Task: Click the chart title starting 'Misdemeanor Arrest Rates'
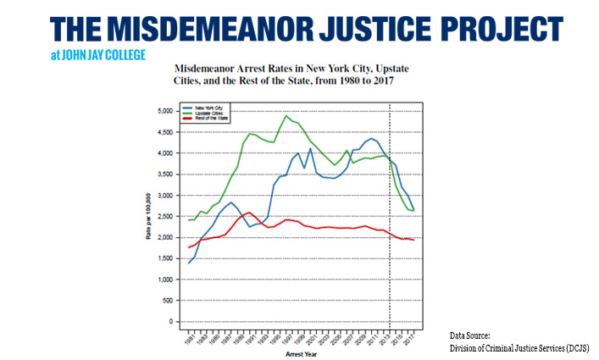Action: click(287, 74)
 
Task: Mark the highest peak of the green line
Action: click(286, 115)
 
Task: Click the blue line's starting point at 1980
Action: click(188, 263)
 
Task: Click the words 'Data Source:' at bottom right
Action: click(469, 337)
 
